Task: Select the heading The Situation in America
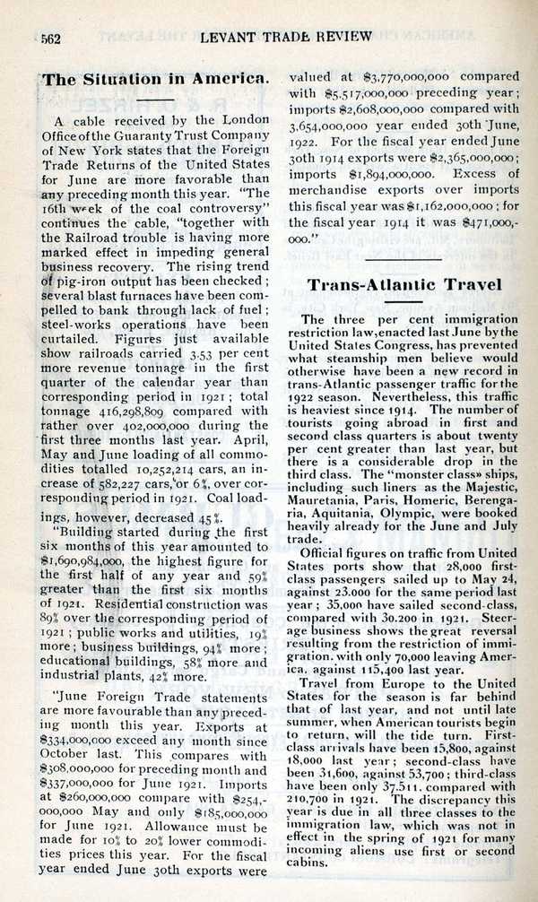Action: (155, 79)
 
